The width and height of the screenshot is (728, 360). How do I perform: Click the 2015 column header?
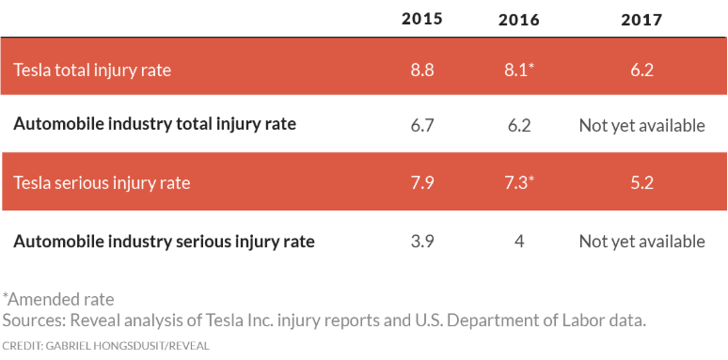tap(421, 19)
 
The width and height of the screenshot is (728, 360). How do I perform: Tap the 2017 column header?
tap(641, 19)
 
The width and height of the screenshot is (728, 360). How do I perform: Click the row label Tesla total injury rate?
tap(92, 69)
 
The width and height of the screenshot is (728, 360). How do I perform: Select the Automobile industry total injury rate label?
tap(154, 124)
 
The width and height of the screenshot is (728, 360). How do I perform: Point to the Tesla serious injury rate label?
tap(102, 182)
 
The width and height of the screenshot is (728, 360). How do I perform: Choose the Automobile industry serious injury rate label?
tap(164, 242)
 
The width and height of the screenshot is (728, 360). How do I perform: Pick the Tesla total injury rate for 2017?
tap(641, 69)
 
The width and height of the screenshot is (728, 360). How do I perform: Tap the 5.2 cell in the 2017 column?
tap(641, 182)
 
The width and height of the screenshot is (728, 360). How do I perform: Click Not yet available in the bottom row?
tap(641, 242)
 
